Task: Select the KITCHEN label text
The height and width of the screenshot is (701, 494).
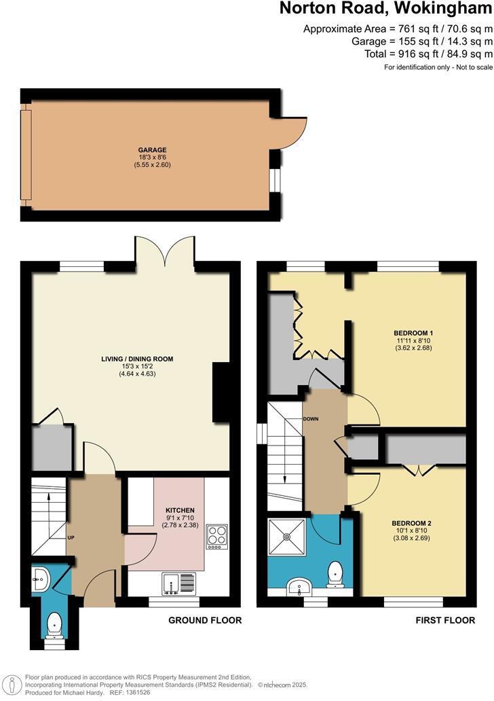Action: tap(180, 509)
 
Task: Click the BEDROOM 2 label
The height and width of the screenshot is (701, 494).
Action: tap(412, 523)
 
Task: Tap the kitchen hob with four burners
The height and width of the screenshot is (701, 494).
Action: tap(217, 536)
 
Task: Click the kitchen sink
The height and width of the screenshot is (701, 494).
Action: tap(178, 583)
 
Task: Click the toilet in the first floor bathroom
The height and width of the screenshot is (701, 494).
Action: tap(335, 574)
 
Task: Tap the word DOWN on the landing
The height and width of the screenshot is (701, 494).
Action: tap(311, 418)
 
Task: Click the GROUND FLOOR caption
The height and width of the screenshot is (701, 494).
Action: tap(204, 620)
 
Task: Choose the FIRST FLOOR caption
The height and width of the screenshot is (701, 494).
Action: tap(446, 620)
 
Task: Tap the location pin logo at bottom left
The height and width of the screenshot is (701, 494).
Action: tap(11, 683)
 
